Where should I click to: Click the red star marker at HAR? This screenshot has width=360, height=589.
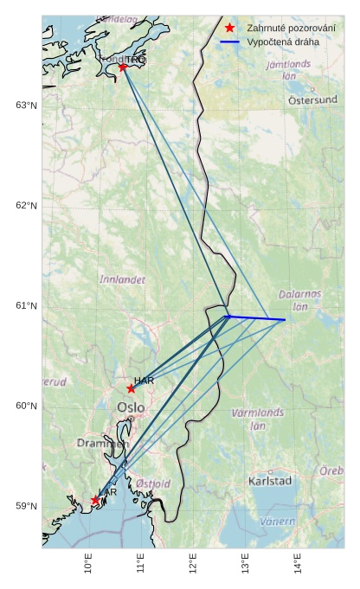tap(131, 388)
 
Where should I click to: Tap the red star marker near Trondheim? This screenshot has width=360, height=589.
tap(123, 67)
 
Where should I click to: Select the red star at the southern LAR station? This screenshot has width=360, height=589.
tap(95, 500)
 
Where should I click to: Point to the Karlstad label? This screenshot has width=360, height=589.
tap(270, 481)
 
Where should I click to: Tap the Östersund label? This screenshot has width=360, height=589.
tap(312, 99)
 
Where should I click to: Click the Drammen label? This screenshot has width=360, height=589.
tap(103, 443)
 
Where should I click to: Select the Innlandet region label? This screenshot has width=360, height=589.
tap(123, 280)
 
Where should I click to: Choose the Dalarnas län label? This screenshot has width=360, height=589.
tap(300, 300)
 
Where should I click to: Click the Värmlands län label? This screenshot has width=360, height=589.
tap(258, 419)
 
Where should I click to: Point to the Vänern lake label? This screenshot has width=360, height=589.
tap(278, 522)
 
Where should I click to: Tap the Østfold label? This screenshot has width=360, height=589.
tap(153, 483)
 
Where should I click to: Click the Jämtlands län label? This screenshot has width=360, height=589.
tap(289, 69)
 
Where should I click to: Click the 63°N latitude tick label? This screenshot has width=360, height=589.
tap(26, 106)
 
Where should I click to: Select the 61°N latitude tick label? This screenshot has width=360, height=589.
tap(26, 306)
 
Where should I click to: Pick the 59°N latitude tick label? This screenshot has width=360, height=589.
tap(26, 506)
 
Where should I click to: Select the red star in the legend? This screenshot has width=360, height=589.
tap(229, 28)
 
